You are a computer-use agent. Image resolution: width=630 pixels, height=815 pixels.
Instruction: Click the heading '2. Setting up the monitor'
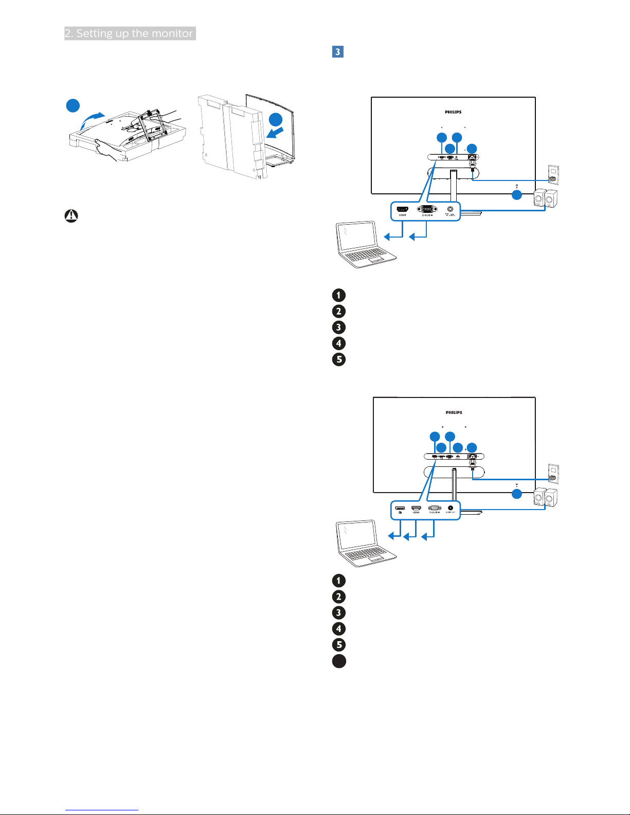130,33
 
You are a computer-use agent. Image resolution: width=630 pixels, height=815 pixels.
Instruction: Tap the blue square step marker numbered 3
338,52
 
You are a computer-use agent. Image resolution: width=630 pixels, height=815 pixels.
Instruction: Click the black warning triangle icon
71,216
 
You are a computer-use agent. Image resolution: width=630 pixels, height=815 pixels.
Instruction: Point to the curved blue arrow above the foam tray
93,120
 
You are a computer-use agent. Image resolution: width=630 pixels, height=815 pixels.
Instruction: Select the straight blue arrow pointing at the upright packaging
275,133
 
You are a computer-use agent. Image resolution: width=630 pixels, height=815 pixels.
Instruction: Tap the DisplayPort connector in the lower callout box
400,509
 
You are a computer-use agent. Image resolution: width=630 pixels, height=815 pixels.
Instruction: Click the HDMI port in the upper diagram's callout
402,210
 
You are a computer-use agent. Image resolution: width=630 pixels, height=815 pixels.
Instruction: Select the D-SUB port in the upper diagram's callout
426,209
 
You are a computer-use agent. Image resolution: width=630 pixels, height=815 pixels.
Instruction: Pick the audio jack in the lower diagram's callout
451,508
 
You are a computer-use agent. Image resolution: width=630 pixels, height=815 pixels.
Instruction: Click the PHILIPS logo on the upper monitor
453,112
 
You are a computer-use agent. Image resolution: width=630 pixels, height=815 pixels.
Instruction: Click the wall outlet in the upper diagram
553,175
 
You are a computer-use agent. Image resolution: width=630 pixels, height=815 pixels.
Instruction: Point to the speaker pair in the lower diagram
545,497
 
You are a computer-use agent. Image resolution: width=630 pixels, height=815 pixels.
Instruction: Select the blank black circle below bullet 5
339,661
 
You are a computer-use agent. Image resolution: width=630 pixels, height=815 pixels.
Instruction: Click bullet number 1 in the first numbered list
339,295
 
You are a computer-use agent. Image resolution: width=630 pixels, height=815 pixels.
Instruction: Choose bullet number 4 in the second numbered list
339,628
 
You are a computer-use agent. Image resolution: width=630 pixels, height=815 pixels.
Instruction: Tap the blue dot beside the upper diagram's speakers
516,195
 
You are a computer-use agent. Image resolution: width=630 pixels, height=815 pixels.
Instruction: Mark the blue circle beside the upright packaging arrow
276,120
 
